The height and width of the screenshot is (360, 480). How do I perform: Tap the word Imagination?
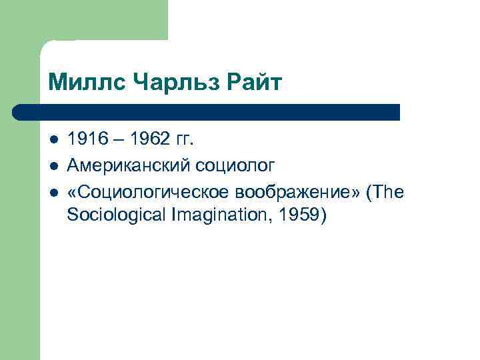point(203,216)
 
